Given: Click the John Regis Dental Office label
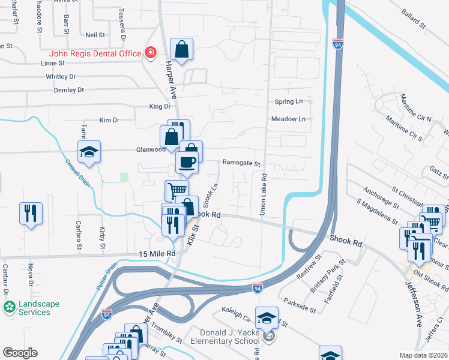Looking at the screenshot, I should point(95,53).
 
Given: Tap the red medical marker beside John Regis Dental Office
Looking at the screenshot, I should point(150,53).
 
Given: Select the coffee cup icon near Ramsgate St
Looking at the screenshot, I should point(187,161).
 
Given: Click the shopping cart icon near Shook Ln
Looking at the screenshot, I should point(177,190).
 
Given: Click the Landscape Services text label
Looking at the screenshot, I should point(39,308).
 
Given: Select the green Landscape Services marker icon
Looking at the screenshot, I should point(10,308).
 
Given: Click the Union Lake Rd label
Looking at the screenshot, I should point(262,195).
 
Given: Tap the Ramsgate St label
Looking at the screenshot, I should point(241,163).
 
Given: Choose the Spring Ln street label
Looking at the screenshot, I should point(288,101).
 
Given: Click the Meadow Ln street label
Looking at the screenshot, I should point(288,119).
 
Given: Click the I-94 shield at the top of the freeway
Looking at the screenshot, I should point(339,44).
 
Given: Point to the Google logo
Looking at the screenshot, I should point(20,353).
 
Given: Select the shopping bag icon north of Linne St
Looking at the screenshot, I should point(181,49).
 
